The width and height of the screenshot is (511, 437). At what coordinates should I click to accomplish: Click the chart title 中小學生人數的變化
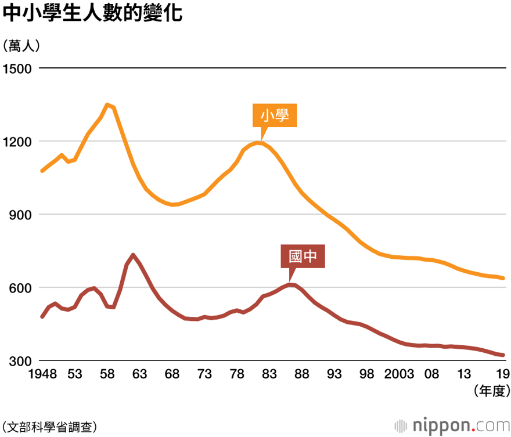click(92, 13)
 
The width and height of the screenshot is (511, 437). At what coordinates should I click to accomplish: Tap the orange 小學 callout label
click(275, 115)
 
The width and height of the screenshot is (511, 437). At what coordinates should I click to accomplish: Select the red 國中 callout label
click(303, 257)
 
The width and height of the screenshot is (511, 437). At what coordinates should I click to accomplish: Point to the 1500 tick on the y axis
click(17, 68)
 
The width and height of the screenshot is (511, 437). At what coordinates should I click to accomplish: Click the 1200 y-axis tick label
click(17, 142)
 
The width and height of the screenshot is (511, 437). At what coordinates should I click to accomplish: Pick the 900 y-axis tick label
click(20, 215)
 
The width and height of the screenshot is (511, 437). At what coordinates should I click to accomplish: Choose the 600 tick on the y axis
click(20, 288)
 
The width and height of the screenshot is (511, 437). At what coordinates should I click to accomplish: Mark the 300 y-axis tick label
click(20, 361)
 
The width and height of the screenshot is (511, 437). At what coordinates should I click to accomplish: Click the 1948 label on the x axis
click(43, 374)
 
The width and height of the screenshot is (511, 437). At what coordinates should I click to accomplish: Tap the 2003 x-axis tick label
click(400, 374)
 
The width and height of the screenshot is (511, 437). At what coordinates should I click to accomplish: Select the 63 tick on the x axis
click(139, 374)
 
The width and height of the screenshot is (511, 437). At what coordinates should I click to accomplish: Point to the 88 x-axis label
click(302, 374)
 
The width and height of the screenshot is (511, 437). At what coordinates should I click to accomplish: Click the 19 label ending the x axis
click(503, 374)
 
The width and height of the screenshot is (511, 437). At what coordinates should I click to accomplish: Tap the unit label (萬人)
click(21, 46)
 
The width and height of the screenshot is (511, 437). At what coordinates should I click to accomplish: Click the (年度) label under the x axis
click(492, 391)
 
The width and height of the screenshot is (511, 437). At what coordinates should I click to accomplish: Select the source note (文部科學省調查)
click(49, 427)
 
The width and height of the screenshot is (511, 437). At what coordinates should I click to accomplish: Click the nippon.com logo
click(452, 425)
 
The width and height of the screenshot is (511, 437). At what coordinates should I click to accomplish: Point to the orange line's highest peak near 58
click(107, 104)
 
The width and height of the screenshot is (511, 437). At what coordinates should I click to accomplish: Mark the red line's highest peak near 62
click(133, 255)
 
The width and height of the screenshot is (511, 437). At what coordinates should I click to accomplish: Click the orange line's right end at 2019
click(503, 279)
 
